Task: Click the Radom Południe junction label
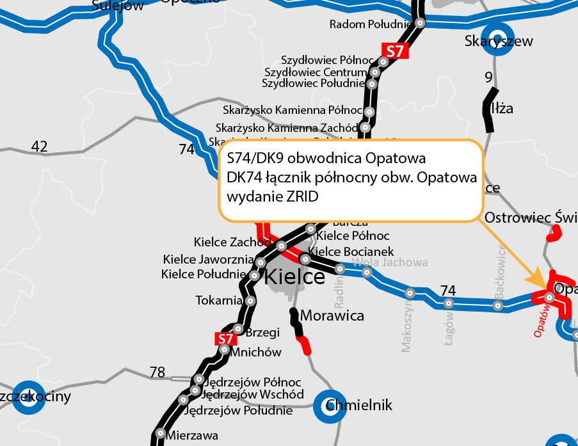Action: (370, 24)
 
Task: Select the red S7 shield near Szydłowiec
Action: (394, 52)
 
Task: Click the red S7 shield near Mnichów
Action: (223, 338)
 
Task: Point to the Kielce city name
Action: (294, 277)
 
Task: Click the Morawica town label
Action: (332, 315)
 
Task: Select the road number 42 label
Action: (40, 147)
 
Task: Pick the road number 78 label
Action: (157, 372)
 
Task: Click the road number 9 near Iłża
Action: (489, 78)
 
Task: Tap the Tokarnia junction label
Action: (219, 300)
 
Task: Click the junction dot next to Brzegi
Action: (237, 329)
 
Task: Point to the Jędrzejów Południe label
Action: (238, 411)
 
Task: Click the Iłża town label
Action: (502, 109)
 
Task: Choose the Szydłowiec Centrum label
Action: (316, 72)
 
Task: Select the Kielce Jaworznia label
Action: (209, 260)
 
